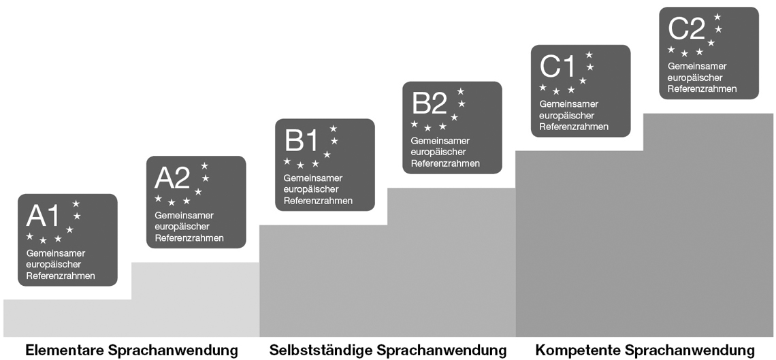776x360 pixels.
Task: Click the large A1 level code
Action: [43, 216]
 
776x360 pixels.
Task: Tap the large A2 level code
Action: [172, 178]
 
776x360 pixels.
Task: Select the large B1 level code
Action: [301, 141]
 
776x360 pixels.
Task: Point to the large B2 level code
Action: [430, 103]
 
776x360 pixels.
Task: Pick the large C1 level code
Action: [557, 67]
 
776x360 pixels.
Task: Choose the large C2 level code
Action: [686, 29]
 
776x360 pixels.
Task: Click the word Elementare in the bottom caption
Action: [65, 350]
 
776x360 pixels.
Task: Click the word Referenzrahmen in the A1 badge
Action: [61, 276]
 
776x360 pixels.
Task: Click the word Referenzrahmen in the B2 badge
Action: [445, 164]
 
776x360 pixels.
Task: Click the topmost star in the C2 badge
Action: [717, 17]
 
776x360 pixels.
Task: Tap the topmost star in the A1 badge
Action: [76, 203]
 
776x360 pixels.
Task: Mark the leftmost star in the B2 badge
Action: [415, 124]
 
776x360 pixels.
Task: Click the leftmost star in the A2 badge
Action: [158, 198]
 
